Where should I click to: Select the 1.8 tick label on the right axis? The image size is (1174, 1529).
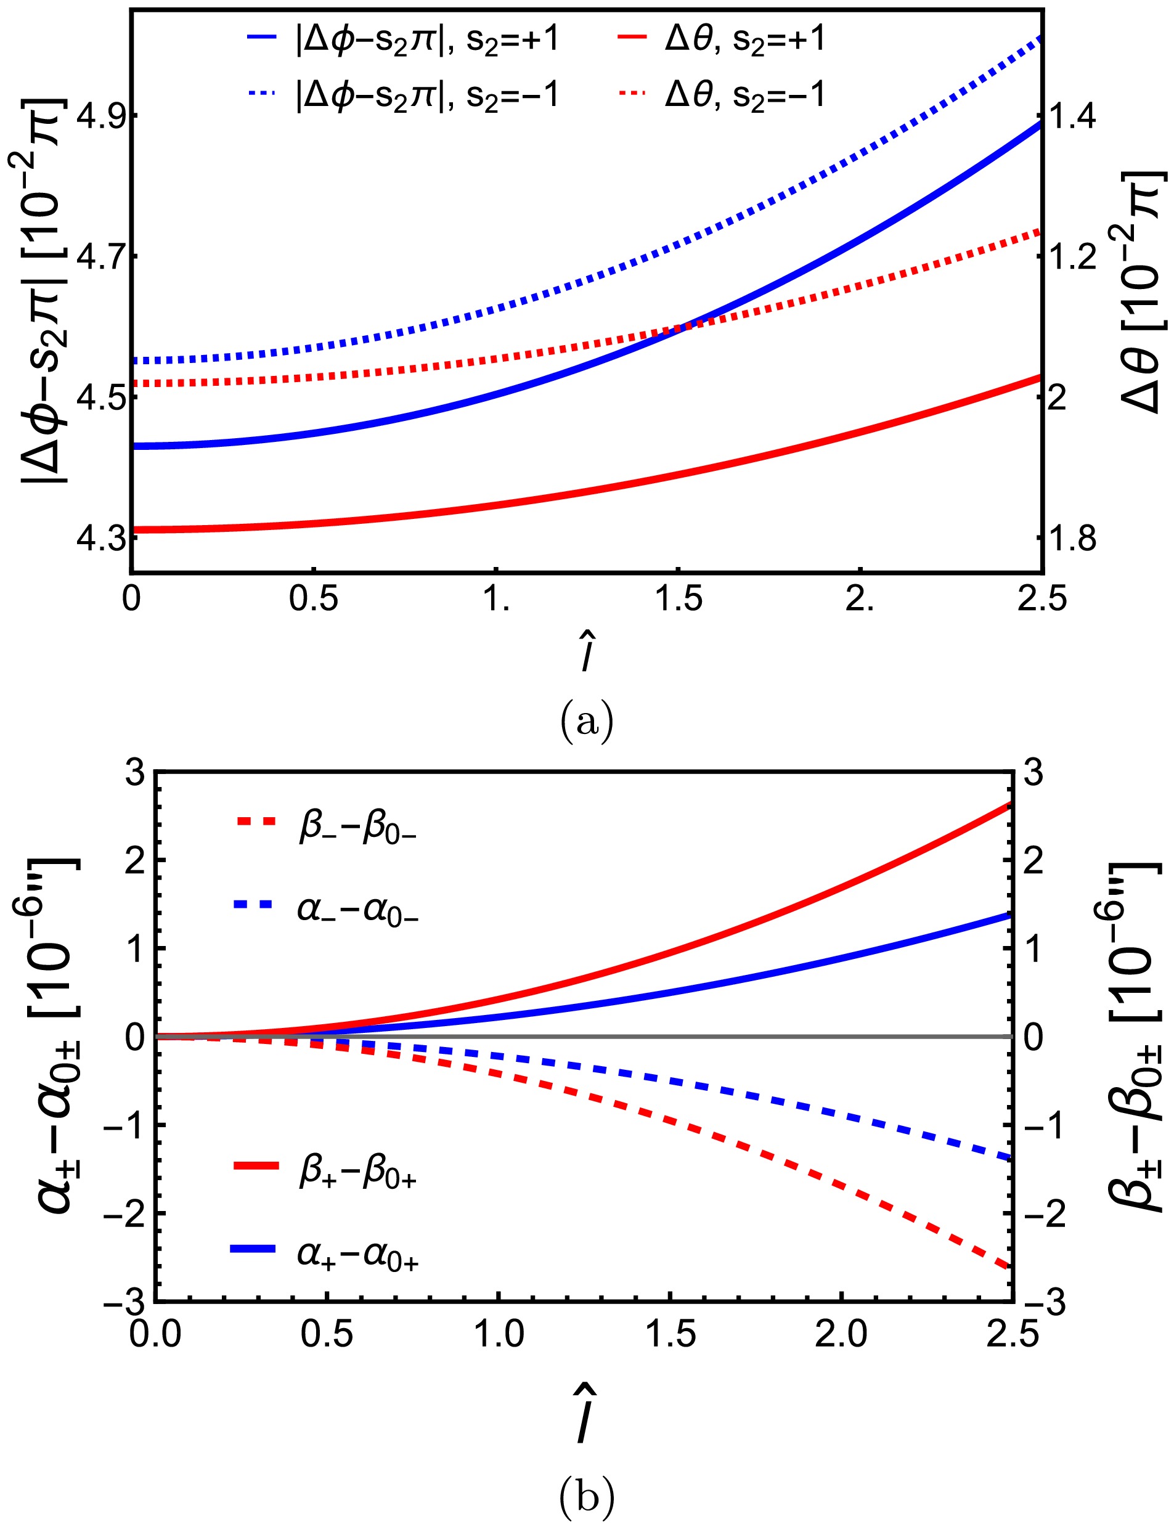pyautogui.click(x=1073, y=539)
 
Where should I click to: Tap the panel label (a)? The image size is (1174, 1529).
pyautogui.click(x=586, y=724)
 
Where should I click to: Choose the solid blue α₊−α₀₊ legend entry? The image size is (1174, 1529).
pyautogui.click(x=325, y=1256)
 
